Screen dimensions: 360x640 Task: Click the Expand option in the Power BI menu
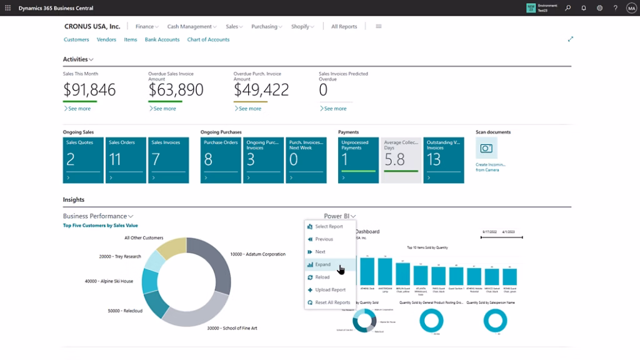click(323, 264)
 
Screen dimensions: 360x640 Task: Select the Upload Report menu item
click(330, 290)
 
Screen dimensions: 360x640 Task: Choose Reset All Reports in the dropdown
click(332, 302)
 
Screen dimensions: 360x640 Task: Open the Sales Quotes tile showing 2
click(83, 161)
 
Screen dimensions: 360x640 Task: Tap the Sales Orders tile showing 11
click(126, 161)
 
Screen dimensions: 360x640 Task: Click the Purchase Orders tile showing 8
click(221, 161)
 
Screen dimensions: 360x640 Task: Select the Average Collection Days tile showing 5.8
click(401, 161)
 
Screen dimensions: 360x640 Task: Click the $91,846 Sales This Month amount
click(89, 90)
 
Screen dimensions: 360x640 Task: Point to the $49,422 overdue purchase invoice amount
click(261, 90)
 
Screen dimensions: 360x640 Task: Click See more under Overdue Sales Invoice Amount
click(164, 109)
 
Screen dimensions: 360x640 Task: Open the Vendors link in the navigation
click(106, 39)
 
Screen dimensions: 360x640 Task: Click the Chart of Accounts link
click(208, 39)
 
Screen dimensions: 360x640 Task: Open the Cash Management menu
click(191, 27)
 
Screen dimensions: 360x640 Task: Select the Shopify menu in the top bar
click(302, 27)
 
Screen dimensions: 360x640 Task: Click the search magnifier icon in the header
click(568, 8)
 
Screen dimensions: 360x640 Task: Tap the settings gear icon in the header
click(600, 8)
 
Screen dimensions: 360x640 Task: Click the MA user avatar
click(631, 8)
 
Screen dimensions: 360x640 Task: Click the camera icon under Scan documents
click(486, 149)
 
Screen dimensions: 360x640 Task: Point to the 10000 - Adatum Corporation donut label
click(257, 254)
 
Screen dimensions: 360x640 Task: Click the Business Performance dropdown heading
click(98, 216)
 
